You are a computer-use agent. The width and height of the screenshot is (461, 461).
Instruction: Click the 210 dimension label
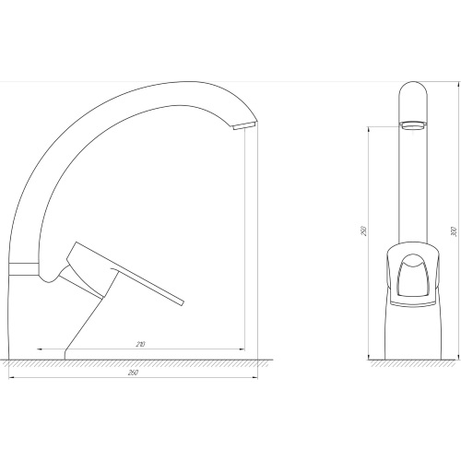pyautogui.click(x=140, y=344)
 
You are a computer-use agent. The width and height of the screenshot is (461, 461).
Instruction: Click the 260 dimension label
pyautogui.click(x=133, y=372)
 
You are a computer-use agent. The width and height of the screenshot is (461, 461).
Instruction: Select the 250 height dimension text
pyautogui.click(x=363, y=230)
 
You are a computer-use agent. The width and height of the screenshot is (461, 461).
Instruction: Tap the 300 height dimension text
pyautogui.click(x=455, y=231)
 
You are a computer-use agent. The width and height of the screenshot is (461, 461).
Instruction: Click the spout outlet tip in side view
pyautogui.click(x=244, y=125)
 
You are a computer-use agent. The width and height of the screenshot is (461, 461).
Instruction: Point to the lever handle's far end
pyautogui.click(x=182, y=302)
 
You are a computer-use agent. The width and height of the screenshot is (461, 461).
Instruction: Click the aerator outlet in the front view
pyautogui.click(x=413, y=124)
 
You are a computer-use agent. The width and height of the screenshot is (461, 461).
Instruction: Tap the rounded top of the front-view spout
pyautogui.click(x=413, y=82)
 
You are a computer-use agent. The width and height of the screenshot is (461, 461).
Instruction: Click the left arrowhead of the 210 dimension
pyautogui.click(x=38, y=349)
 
